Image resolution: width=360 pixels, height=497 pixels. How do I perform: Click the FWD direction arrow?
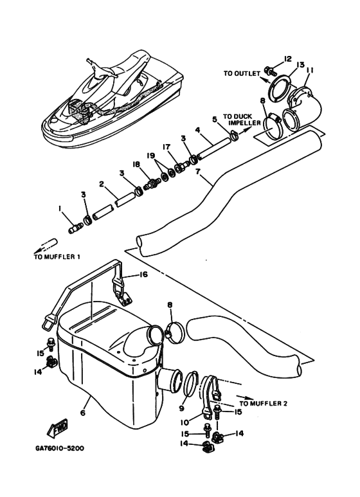58,428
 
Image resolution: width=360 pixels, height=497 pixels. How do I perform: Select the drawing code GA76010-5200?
60,449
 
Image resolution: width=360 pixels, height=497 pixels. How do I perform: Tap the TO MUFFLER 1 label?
57,257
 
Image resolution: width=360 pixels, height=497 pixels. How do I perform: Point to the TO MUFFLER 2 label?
264,404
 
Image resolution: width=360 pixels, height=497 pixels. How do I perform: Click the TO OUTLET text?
242,73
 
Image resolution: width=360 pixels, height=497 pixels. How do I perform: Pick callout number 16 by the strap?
143,275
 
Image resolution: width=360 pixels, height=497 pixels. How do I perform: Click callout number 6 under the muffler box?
83,413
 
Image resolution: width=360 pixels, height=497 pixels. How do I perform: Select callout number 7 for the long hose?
198,172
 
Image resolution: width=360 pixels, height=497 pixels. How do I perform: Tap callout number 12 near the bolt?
287,59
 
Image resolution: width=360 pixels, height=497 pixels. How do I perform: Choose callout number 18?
136,164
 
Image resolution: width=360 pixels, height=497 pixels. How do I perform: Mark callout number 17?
166,147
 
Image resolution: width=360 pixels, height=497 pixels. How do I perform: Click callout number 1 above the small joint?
59,208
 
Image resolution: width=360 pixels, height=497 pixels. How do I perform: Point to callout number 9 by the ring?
181,408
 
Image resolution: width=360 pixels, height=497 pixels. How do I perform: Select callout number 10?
184,422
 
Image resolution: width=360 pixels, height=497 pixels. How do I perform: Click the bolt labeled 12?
270,71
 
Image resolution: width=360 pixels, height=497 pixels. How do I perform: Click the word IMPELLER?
244,123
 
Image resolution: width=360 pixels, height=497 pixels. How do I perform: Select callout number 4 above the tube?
197,130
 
